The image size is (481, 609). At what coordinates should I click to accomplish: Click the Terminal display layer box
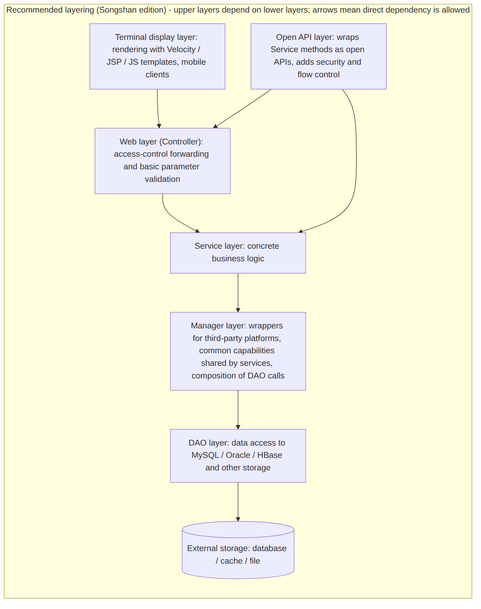[157, 56]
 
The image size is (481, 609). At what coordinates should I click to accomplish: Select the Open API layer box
[318, 56]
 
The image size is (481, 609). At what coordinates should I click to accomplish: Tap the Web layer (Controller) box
[163, 161]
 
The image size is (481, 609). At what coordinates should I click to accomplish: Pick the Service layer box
[238, 253]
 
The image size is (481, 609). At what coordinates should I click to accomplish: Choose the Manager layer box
[238, 351]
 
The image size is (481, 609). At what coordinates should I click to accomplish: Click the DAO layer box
[238, 456]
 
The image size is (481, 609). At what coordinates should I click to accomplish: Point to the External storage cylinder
[238, 550]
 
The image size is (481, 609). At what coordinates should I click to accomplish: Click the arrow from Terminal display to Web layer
[158, 109]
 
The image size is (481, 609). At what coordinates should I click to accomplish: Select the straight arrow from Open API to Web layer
[242, 109]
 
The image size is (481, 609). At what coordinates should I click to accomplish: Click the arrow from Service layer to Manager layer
[238, 293]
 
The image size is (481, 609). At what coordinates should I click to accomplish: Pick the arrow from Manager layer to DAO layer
[238, 410]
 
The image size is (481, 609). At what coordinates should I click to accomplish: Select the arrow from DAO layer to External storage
[238, 502]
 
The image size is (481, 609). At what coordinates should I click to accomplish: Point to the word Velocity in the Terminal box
[181, 49]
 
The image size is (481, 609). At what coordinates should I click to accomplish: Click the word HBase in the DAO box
[270, 455]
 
